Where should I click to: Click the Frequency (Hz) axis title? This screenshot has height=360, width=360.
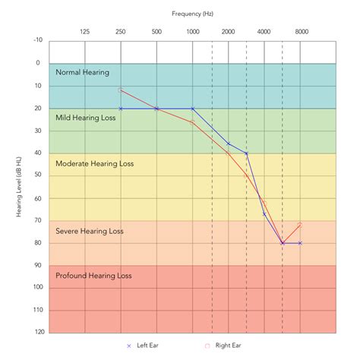192,14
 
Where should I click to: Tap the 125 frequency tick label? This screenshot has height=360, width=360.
85,31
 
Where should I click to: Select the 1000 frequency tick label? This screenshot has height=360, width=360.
192,31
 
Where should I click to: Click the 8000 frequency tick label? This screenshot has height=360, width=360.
301,31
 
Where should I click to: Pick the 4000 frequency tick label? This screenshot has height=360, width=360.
264,31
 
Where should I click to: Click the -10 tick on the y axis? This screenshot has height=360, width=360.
38,41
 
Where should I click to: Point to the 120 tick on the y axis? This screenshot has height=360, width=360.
37,333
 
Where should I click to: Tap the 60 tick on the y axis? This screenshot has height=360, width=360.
39,198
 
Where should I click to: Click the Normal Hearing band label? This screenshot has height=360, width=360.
82,72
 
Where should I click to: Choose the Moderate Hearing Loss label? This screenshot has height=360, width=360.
94,163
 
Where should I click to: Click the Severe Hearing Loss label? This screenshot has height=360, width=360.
90,231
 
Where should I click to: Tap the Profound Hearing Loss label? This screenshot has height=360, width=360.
93,276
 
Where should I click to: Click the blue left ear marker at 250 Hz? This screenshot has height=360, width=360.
121,109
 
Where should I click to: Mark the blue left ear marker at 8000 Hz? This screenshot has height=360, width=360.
300,243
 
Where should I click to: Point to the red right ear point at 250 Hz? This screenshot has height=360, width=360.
121,90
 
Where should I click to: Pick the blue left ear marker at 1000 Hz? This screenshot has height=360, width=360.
192,109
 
